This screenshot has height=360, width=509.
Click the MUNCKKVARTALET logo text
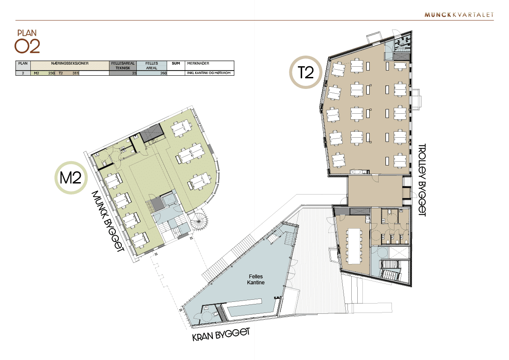[x=459, y=15]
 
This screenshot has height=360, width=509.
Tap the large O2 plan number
[x=27, y=47]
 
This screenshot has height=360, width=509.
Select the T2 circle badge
[x=306, y=72]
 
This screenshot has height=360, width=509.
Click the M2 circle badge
[x=71, y=177]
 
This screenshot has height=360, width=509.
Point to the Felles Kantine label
[x=256, y=280]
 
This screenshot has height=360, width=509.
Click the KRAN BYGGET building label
[x=221, y=335]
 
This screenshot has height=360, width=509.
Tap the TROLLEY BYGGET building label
[x=422, y=180]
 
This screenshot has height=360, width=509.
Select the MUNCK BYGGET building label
[x=108, y=221]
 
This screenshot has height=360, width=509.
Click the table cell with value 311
[x=76, y=74]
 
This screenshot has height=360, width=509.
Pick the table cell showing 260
[x=163, y=74]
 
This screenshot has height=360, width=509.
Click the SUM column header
[x=176, y=63]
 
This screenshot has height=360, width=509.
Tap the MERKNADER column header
[x=198, y=63]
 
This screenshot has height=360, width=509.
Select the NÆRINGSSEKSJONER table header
[x=70, y=63]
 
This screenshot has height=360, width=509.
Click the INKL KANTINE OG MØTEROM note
[x=209, y=73]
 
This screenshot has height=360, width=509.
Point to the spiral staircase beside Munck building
[x=199, y=222]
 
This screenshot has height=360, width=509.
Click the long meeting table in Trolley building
[x=354, y=246]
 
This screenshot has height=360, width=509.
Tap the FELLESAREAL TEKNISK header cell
[x=123, y=65]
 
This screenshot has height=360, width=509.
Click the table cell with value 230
[x=51, y=74]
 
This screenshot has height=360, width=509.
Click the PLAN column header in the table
[x=23, y=63]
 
